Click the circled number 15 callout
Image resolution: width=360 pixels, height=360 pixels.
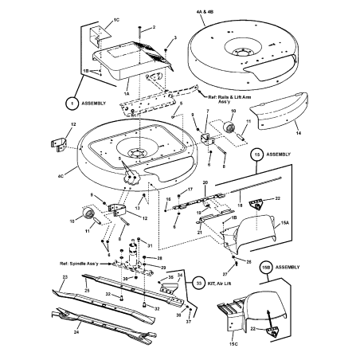click(257, 152)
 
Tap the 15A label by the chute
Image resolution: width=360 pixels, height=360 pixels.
click(288, 225)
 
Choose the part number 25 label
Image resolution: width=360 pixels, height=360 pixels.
click(88, 292)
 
